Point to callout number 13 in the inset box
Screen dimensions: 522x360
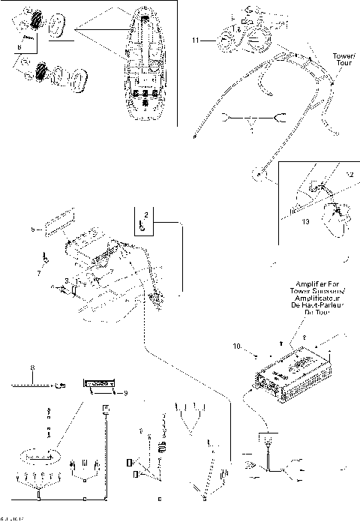coord(305,222)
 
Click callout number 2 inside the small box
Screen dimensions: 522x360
coord(146,214)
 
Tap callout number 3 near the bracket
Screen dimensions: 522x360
coord(67,279)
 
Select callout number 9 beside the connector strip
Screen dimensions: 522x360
coord(125,391)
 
